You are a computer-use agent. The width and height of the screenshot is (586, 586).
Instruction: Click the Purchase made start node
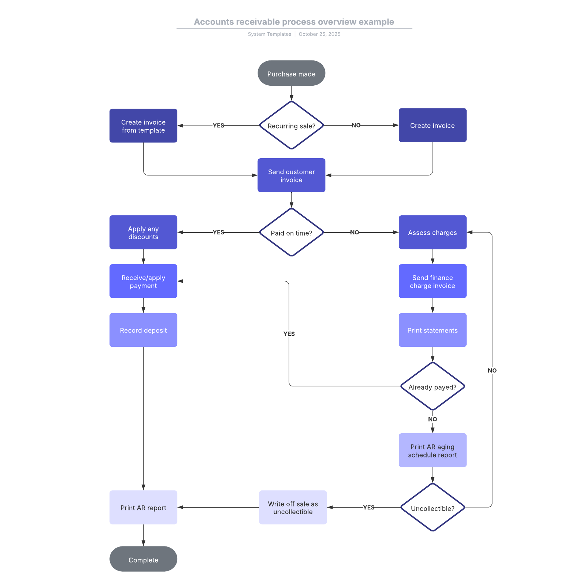(291, 73)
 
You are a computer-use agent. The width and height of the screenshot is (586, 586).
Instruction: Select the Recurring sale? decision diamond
(291, 125)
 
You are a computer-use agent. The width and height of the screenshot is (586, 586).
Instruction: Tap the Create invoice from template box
(143, 126)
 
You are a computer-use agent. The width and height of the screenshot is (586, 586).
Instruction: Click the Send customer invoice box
(291, 175)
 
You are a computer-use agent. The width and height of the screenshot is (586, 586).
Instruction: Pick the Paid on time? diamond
(291, 232)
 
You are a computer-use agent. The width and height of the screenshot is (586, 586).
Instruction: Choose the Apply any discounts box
(143, 232)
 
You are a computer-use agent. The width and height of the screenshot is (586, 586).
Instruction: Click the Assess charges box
(432, 232)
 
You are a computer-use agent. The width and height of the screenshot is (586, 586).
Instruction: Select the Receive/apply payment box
(143, 281)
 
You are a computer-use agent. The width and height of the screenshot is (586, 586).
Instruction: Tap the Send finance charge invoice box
(432, 281)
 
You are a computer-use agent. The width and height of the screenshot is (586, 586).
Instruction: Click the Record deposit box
(143, 330)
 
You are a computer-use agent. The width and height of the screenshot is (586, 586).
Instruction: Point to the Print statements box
(432, 330)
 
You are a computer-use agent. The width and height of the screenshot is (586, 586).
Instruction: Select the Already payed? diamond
(432, 386)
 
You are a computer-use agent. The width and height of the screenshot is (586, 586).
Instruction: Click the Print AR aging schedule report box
(432, 450)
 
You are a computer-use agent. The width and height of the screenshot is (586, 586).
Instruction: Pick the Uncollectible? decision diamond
(432, 507)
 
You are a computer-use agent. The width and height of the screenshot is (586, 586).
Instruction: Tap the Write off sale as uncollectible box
(293, 507)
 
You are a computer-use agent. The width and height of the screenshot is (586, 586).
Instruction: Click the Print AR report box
(143, 507)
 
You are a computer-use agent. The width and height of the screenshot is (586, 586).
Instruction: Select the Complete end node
(143, 559)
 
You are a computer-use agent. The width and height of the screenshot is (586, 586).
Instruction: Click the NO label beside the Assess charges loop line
(492, 370)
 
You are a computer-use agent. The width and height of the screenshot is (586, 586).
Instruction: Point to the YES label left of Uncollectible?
(368, 507)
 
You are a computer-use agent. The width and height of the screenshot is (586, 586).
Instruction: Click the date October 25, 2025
(319, 34)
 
